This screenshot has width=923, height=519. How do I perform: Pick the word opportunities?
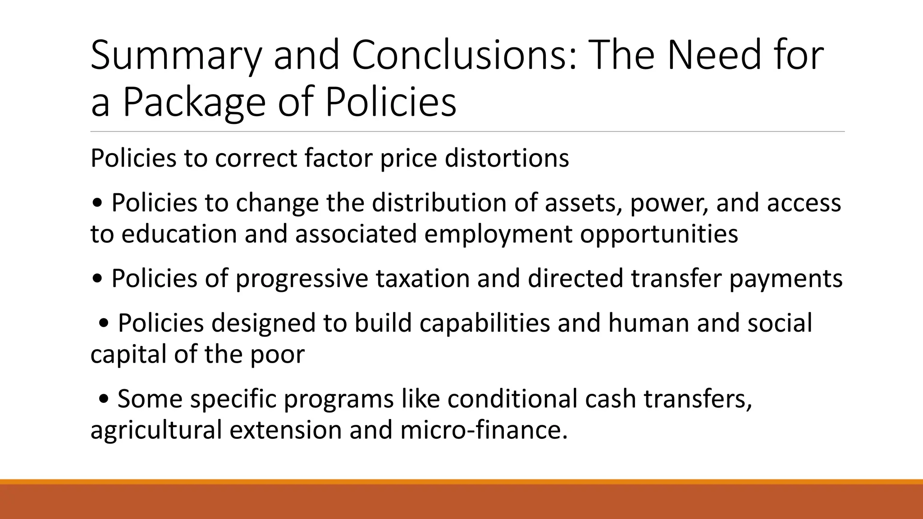coord(659,235)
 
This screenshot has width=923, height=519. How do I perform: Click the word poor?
coord(277,355)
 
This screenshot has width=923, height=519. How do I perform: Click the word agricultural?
coord(156,430)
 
